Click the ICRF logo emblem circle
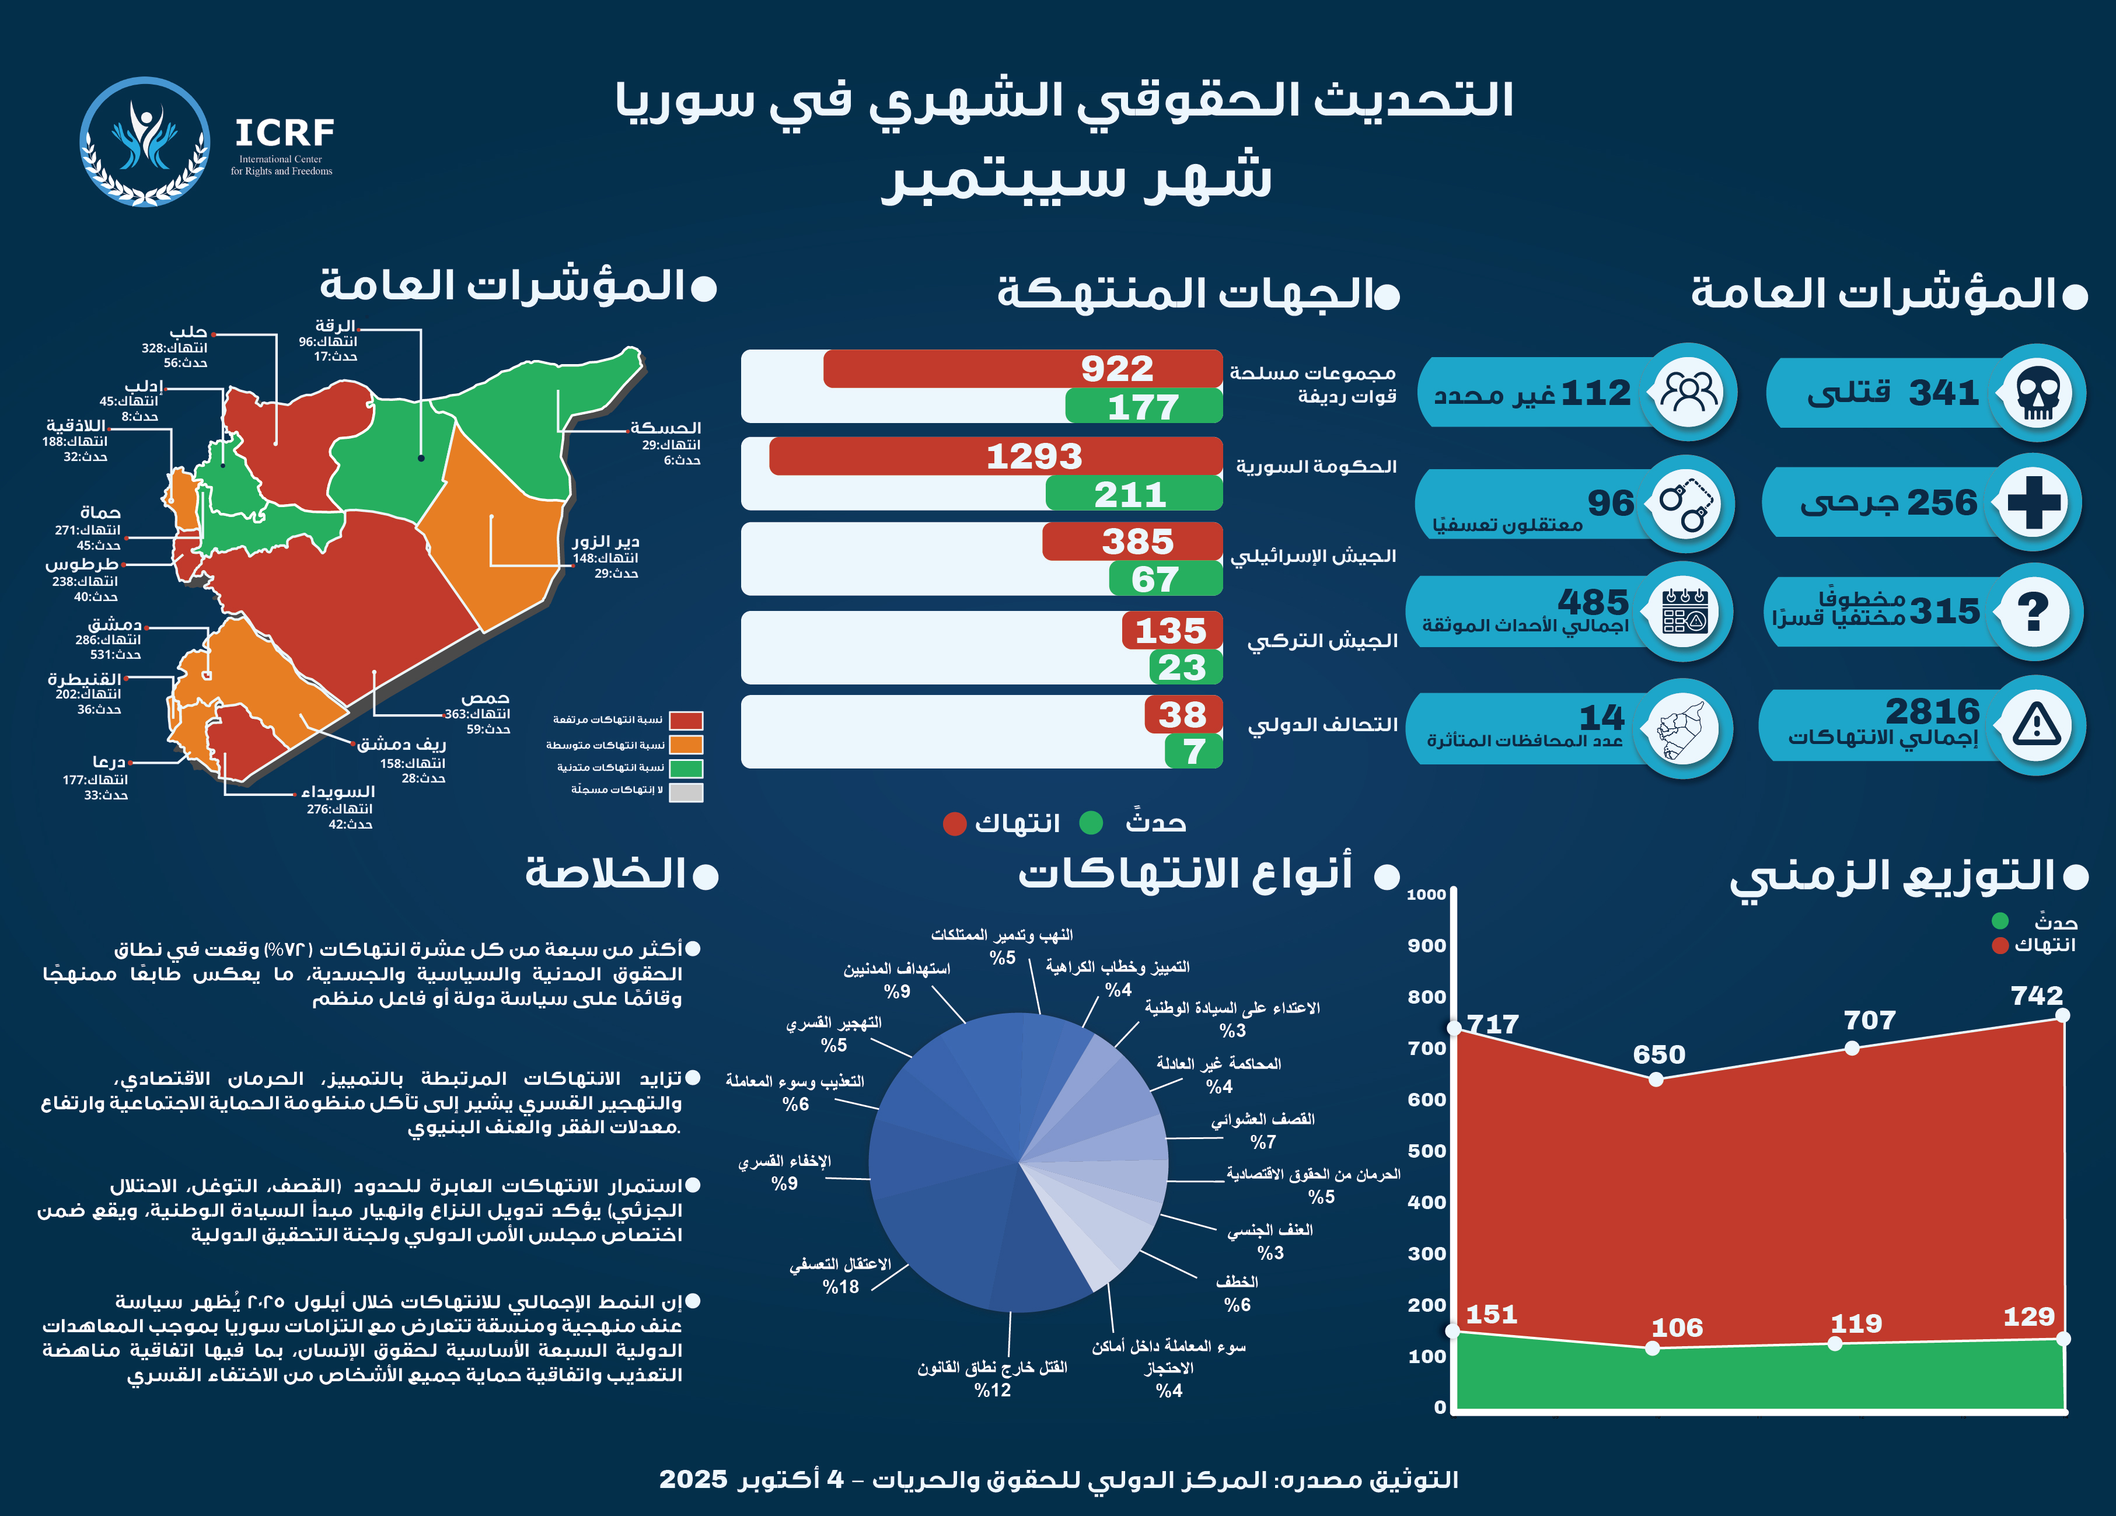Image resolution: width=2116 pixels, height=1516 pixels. click(x=145, y=142)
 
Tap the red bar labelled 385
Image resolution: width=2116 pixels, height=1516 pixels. click(x=1132, y=541)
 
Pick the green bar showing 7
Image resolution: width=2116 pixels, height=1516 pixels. click(x=1193, y=751)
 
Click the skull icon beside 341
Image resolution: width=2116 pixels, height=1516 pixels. click(x=2038, y=393)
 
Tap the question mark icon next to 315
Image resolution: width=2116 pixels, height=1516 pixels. click(x=2033, y=612)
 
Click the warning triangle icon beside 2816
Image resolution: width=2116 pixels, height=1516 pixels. click(x=2036, y=725)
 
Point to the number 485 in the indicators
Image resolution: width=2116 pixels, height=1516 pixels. click(x=1593, y=602)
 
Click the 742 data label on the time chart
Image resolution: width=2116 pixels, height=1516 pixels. click(x=2037, y=995)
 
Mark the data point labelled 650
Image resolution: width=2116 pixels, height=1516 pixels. click(x=1656, y=1080)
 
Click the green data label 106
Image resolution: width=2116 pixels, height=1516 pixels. click(x=1677, y=1328)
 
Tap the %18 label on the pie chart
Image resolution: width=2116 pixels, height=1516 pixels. click(x=840, y=1287)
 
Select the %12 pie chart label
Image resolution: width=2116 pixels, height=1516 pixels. click(x=993, y=1390)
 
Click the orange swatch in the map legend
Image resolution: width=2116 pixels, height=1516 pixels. click(x=687, y=745)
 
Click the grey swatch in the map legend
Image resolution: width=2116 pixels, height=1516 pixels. click(x=687, y=792)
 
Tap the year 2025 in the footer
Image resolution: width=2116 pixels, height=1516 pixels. click(x=693, y=1479)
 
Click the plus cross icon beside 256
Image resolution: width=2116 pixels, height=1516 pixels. click(x=2034, y=502)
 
